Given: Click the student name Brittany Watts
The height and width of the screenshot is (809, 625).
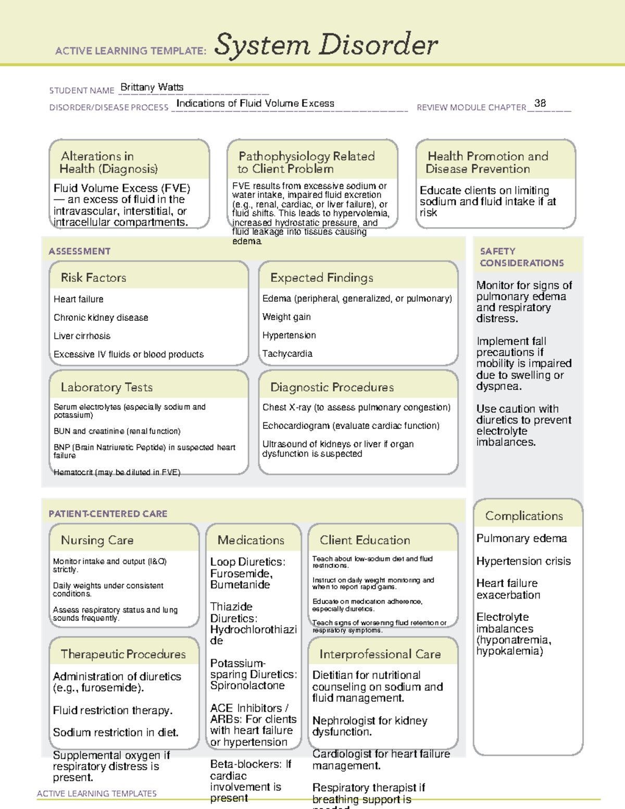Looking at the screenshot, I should click(152, 88).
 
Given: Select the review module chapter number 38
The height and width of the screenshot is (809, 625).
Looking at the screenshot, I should click(540, 103).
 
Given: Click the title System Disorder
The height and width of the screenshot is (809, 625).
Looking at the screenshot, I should click(326, 45).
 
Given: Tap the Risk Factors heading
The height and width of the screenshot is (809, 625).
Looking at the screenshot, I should click(93, 278).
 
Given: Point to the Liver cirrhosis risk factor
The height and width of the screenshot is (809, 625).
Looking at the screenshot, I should click(82, 336).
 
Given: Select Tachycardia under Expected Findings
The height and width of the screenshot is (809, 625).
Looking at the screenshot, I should click(287, 354).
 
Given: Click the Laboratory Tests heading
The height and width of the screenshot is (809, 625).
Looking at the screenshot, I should click(106, 387).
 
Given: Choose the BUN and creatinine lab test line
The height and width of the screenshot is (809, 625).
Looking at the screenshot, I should click(117, 431).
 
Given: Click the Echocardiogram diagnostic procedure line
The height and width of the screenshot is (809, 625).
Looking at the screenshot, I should click(351, 426).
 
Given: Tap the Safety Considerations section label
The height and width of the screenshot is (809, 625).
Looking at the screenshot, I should click(521, 257).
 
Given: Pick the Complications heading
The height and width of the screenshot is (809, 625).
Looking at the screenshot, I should click(523, 516).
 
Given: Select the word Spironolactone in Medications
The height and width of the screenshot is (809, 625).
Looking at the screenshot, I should click(247, 686).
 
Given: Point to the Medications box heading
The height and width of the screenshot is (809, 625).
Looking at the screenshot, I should click(251, 540).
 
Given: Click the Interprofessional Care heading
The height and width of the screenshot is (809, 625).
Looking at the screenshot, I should click(380, 654).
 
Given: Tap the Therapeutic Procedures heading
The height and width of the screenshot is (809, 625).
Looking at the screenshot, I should click(123, 654).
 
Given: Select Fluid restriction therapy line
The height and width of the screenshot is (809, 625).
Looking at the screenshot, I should click(113, 711).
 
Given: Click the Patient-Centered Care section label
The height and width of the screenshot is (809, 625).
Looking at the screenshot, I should click(108, 514).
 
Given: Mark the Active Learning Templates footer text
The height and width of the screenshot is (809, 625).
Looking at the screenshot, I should click(96, 793).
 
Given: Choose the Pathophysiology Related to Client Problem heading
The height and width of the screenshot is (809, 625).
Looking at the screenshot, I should click(306, 163).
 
